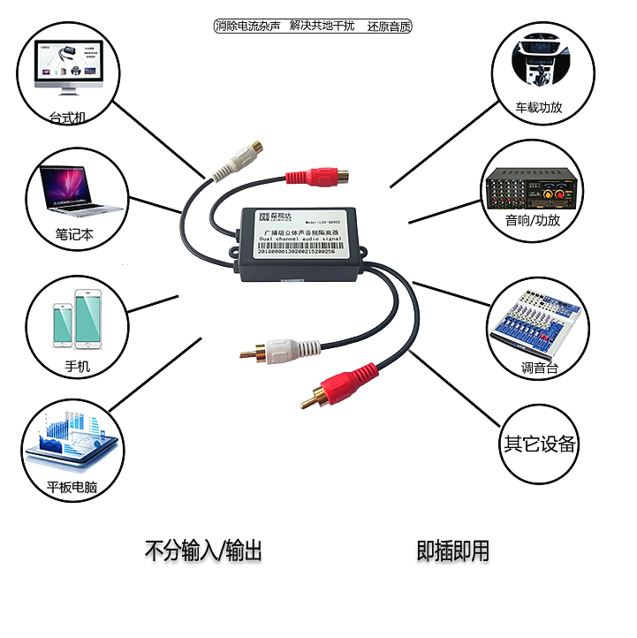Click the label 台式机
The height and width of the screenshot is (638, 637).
(x=67, y=117)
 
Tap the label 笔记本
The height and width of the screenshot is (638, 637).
(x=75, y=234)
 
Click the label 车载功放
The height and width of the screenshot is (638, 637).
(x=539, y=108)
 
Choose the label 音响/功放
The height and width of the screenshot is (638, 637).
(x=533, y=220)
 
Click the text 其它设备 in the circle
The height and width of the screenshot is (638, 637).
(x=540, y=444)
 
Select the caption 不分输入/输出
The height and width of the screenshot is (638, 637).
(x=203, y=551)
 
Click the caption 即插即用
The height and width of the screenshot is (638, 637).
(x=452, y=551)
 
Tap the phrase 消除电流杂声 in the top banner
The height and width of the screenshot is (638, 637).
(x=248, y=26)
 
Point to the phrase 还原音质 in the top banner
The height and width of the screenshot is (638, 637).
(x=390, y=26)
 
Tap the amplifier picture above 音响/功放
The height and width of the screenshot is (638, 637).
(x=532, y=187)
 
